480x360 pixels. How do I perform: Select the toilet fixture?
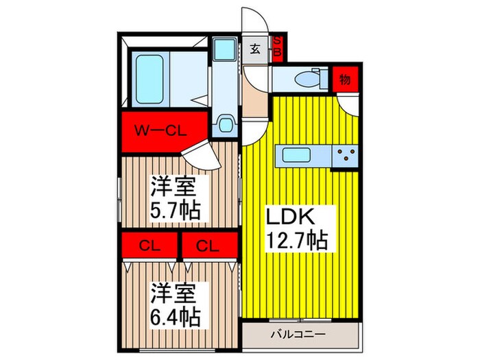click(306, 80)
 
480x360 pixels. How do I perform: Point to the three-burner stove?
click(346, 156)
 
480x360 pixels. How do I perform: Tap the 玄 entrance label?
click(254, 49)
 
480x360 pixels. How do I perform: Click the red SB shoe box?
click(278, 49)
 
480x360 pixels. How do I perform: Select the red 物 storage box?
click(344, 80)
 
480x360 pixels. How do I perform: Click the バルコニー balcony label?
click(297, 335)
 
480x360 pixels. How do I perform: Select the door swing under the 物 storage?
click(346, 103)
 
